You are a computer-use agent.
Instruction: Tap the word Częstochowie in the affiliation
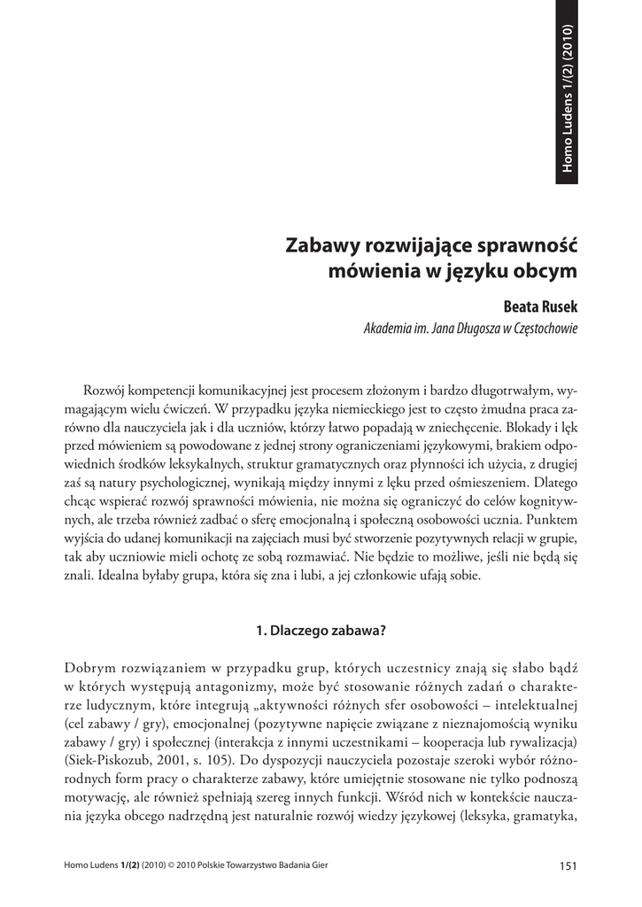[540, 329]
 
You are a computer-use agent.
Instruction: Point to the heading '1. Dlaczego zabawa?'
[321, 632]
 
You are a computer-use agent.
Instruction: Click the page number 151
[568, 866]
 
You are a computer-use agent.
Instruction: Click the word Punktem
[548, 521]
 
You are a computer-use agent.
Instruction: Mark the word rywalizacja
[538, 740]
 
